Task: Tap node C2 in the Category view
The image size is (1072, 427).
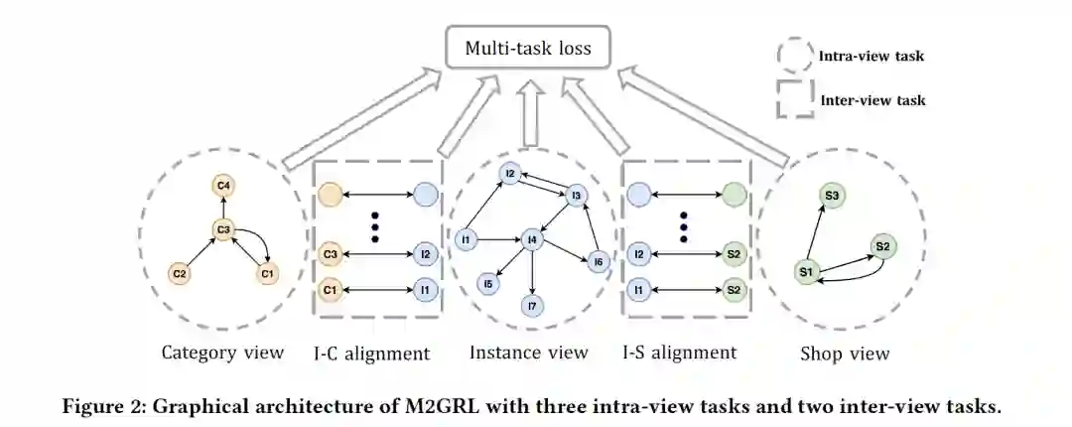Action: coord(180,272)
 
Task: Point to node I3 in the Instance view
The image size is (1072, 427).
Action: coord(575,196)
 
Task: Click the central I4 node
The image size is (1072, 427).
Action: coord(533,238)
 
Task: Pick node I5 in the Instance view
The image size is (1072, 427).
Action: coord(488,284)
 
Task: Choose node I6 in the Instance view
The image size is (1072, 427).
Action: coord(597,261)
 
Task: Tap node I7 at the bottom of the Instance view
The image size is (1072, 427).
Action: coord(533,306)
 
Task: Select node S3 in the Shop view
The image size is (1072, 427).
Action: coord(834,197)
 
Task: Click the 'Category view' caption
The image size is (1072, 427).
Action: coord(223,353)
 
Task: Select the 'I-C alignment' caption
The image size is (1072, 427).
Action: coord(373,353)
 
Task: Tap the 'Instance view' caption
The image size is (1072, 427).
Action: coord(528,353)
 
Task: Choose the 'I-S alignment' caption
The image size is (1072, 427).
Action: coord(680,353)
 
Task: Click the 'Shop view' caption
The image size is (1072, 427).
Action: coord(845,354)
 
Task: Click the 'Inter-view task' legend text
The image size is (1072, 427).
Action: coord(872,99)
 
